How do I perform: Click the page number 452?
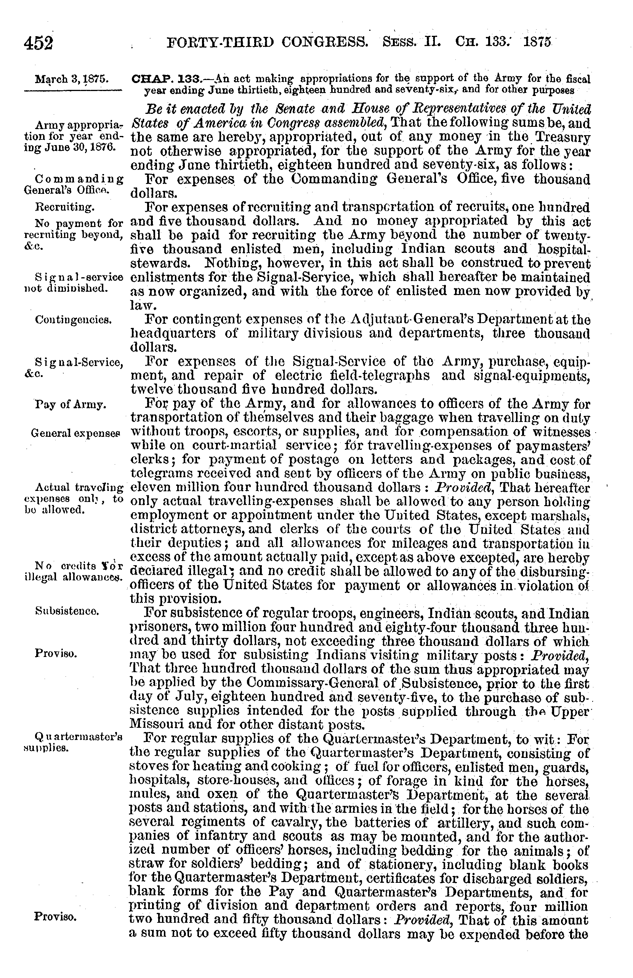point(39,42)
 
